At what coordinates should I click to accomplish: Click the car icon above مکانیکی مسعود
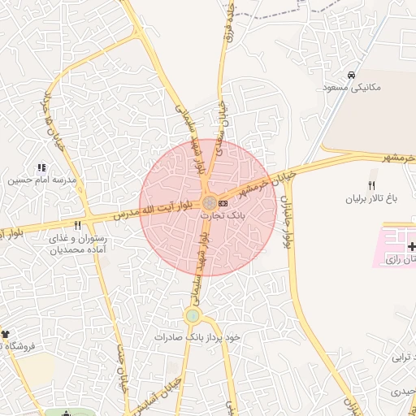pyautogui.click(x=350, y=76)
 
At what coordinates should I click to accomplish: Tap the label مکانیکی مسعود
pyautogui.click(x=352, y=87)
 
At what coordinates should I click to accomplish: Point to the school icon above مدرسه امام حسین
pyautogui.click(x=41, y=167)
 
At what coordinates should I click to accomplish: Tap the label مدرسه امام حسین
pyautogui.click(x=41, y=179)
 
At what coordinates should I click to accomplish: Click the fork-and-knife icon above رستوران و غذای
pyautogui.click(x=78, y=225)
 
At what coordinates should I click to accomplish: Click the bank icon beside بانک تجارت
pyautogui.click(x=223, y=202)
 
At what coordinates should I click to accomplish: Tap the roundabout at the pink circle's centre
pyautogui.click(x=209, y=202)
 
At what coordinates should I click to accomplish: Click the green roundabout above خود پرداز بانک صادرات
pyautogui.click(x=193, y=315)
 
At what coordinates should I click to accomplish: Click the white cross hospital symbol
pyautogui.click(x=411, y=246)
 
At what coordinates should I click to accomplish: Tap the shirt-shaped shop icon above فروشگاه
pyautogui.click(x=5, y=334)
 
